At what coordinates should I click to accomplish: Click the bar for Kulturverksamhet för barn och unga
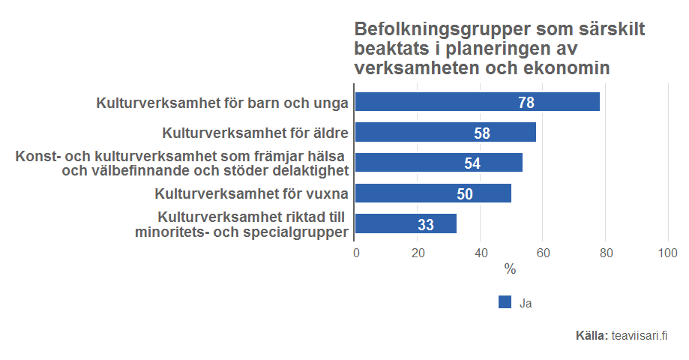(477, 102)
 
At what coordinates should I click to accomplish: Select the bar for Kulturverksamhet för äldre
(445, 133)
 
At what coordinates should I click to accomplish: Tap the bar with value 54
(439, 163)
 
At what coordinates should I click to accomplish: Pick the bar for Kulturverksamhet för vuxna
(433, 193)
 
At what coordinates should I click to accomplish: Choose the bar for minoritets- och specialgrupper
(406, 223)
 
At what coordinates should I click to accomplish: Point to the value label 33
(426, 224)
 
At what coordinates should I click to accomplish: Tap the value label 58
(482, 133)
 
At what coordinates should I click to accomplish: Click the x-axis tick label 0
(356, 253)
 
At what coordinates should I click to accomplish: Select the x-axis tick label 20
(418, 253)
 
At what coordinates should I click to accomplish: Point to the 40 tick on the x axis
(481, 253)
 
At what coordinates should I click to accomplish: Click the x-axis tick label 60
(543, 253)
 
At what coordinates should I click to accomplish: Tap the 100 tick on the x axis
(667, 253)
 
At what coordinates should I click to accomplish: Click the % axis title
(511, 269)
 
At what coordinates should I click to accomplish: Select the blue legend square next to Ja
(505, 302)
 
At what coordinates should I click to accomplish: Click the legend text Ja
(526, 303)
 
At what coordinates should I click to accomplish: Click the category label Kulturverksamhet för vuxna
(251, 193)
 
